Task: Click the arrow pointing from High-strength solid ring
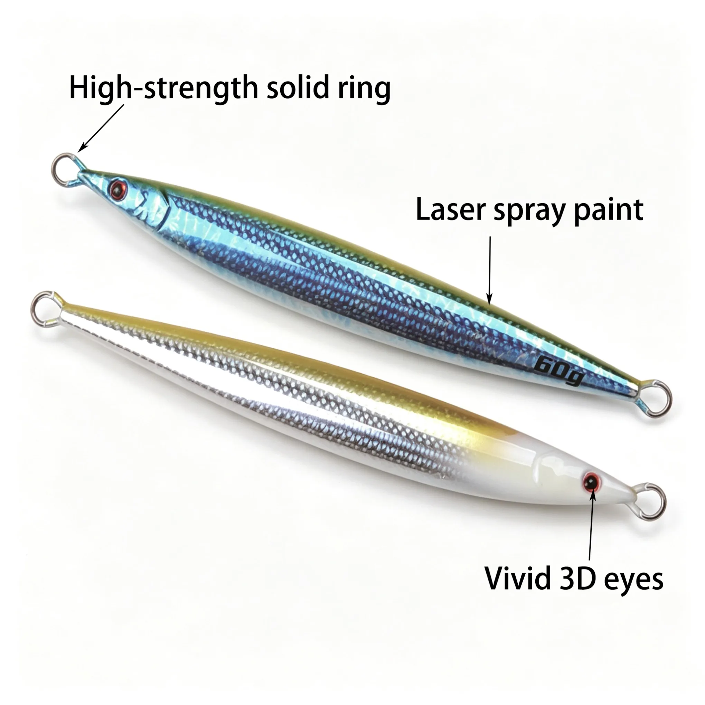(x=101, y=128)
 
